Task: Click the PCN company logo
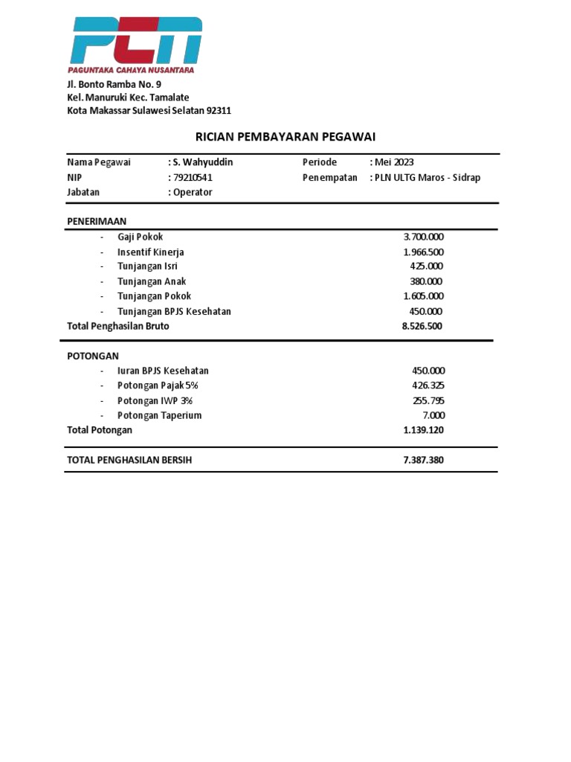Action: pyautogui.click(x=136, y=44)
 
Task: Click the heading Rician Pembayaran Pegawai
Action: pyautogui.click(x=285, y=137)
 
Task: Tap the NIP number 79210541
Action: pyautogui.click(x=193, y=177)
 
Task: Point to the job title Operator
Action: pyautogui.click(x=193, y=192)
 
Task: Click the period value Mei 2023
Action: pyautogui.click(x=394, y=162)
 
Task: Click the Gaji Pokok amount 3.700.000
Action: pyautogui.click(x=423, y=237)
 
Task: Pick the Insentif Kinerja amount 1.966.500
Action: pyautogui.click(x=423, y=252)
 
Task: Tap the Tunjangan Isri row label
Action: pyautogui.click(x=147, y=266)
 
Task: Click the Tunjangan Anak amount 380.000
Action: pyautogui.click(x=426, y=281)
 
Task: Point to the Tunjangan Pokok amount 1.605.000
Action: pyautogui.click(x=423, y=296)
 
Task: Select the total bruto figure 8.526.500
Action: pyautogui.click(x=423, y=326)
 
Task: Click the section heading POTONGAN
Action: pyautogui.click(x=93, y=356)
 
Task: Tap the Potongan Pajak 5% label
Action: pyautogui.click(x=158, y=385)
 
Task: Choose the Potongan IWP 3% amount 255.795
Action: pyautogui.click(x=428, y=400)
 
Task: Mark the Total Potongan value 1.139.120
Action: pyautogui.click(x=423, y=430)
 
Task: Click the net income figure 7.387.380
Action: pyautogui.click(x=423, y=460)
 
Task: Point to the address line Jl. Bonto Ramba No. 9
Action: pyautogui.click(x=114, y=84)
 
